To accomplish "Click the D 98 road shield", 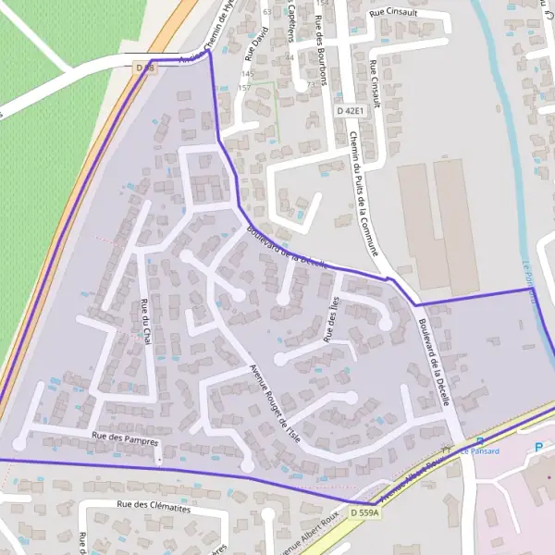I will tap(142, 68).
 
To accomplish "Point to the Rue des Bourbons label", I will tap(321, 51).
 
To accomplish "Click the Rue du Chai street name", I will tap(144, 320).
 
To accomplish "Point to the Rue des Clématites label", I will tap(154, 506).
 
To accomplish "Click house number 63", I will tap(267, 12).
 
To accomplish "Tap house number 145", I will tap(247, 74).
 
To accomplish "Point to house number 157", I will tap(244, 87).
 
